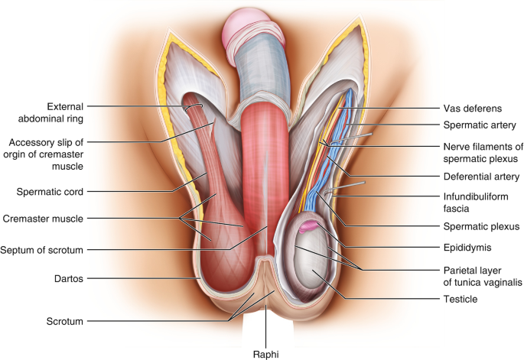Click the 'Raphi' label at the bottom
(x=265, y=353)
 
